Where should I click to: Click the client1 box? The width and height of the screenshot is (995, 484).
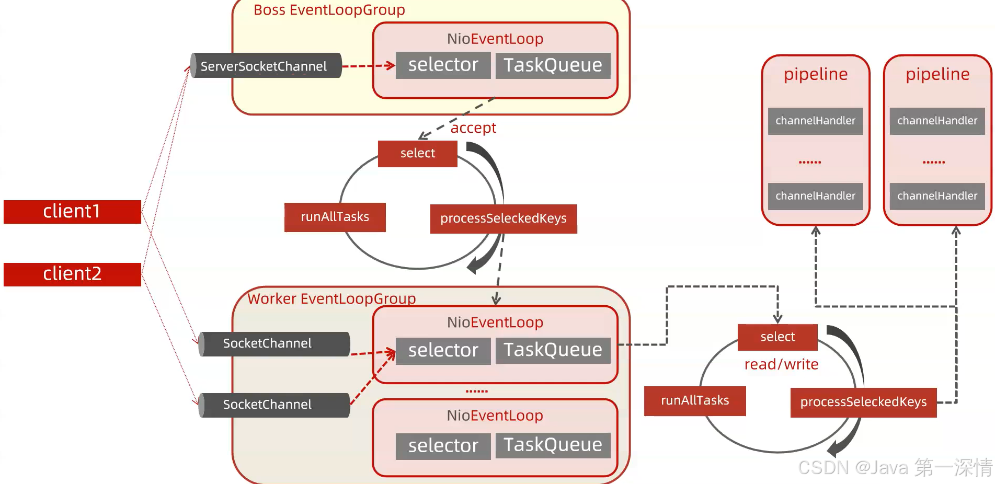pos(72,212)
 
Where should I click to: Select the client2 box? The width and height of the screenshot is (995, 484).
pos(72,274)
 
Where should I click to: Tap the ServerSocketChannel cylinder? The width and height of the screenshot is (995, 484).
pos(266,66)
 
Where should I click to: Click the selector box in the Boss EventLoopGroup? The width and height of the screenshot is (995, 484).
pos(443,65)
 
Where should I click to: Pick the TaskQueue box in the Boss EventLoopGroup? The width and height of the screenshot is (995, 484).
pos(553,65)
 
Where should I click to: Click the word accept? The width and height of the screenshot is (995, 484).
pos(473,128)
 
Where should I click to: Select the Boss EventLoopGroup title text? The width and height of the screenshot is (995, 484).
pos(329,10)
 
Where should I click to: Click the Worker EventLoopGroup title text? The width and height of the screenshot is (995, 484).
pos(331,298)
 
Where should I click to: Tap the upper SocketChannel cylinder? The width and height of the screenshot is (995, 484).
pos(274,344)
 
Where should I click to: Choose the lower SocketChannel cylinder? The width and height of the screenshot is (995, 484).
pos(274,405)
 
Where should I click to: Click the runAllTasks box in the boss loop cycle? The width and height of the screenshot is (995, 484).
pos(335,217)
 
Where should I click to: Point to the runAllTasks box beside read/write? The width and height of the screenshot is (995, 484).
pos(694,401)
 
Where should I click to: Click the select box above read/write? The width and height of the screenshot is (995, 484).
pos(777,337)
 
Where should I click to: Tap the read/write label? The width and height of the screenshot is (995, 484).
pos(781,364)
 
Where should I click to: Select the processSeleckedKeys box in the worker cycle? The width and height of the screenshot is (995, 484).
pos(863,402)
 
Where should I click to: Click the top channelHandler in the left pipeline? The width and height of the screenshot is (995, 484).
pos(815,121)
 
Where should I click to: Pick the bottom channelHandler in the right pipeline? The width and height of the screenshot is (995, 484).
pos(937,196)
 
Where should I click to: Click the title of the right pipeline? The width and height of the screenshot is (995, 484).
pos(937,74)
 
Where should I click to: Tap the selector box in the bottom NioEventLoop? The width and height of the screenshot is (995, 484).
pos(443,446)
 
